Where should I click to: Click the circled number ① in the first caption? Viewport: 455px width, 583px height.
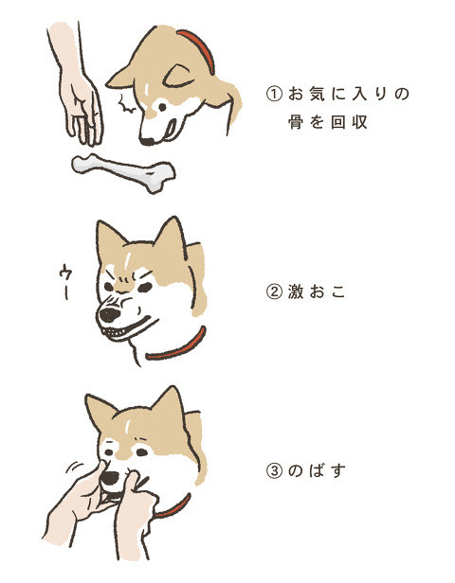pyautogui.click(x=274, y=95)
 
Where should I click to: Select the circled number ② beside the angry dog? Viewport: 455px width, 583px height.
pyautogui.click(x=274, y=292)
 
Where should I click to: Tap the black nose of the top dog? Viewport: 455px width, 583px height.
pyautogui.click(x=146, y=139)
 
